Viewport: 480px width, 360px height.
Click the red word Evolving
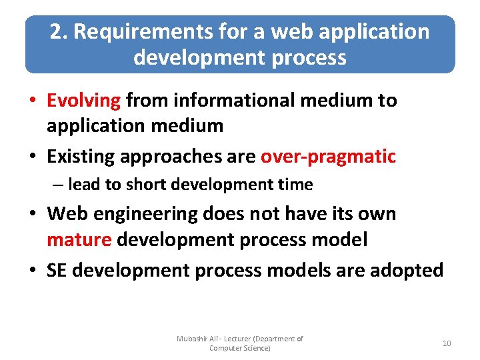[x=83, y=101]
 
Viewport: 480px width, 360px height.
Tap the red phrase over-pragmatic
[x=328, y=157]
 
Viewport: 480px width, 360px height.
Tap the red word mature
[x=79, y=239]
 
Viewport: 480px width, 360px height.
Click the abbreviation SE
[x=56, y=270]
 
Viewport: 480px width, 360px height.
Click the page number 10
[x=446, y=343]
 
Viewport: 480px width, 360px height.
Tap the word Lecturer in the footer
[x=236, y=339]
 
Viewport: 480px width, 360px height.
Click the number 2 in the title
[x=55, y=32]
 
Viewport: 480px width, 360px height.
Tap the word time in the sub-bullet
[x=297, y=184]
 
